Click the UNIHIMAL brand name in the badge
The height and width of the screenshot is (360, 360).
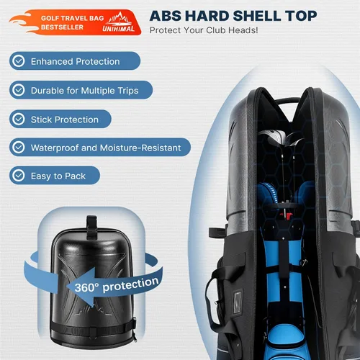pos(118,29)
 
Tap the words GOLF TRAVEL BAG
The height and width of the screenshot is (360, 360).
pos(72,18)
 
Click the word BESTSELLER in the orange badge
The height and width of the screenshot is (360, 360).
pos(62,27)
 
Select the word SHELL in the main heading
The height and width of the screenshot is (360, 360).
pos(257,16)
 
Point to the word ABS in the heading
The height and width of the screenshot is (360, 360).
pos(166,16)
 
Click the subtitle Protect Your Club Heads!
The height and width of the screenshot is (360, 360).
pos(204,30)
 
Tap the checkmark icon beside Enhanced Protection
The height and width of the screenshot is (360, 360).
pos(19,61)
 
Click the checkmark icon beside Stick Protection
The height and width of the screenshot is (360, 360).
pos(19,119)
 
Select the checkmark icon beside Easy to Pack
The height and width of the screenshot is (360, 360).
pos(19,176)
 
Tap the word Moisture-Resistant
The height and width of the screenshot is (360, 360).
pos(140,148)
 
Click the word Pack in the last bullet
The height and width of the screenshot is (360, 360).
pos(75,176)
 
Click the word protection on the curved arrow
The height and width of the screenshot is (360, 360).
pos(130,284)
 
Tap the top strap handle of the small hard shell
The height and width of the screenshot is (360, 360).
pos(91,228)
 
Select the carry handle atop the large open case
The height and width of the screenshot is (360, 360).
pos(287,101)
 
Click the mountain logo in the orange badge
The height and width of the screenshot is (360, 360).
pos(120,19)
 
